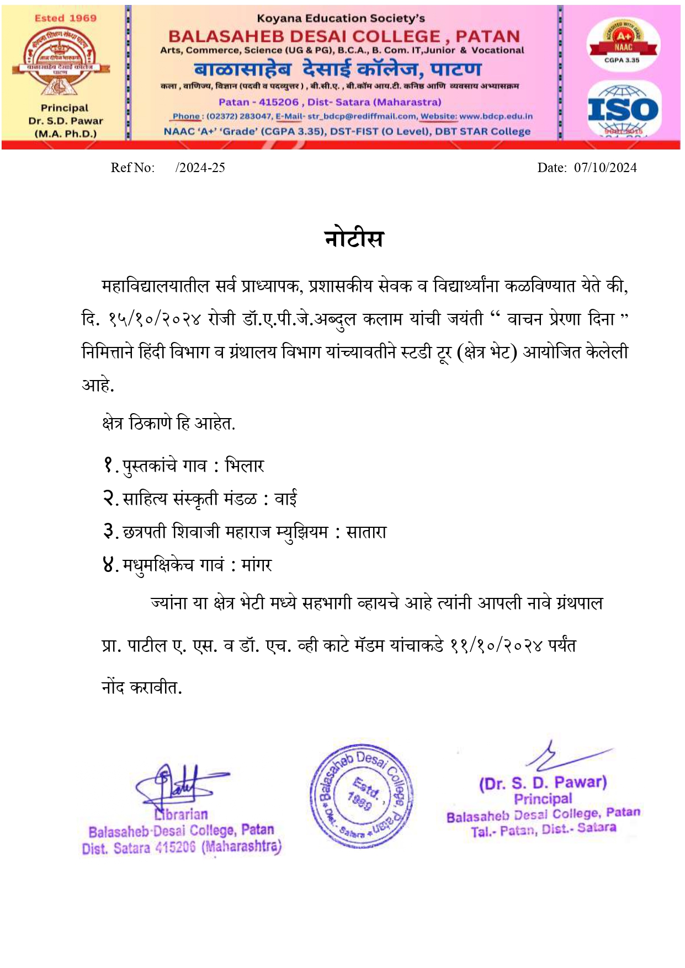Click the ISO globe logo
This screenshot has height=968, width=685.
[x=623, y=109]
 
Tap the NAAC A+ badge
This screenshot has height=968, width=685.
[x=623, y=42]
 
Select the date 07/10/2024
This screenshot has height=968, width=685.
[x=605, y=168]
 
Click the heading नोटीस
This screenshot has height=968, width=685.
[x=354, y=239]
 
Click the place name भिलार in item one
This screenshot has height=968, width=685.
[x=245, y=466]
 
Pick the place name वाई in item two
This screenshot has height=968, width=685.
[x=285, y=499]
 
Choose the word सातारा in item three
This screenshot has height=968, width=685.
[x=366, y=532]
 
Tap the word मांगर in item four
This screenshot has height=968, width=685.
[x=257, y=565]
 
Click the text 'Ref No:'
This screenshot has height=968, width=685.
[x=132, y=168]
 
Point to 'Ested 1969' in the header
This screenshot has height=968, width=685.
[x=65, y=18]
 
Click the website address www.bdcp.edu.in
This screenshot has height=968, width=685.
[x=496, y=116]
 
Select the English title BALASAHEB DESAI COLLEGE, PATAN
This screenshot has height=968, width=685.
[x=344, y=36]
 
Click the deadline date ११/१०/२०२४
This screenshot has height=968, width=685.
[x=496, y=646]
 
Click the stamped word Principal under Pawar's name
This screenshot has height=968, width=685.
[x=543, y=799]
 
